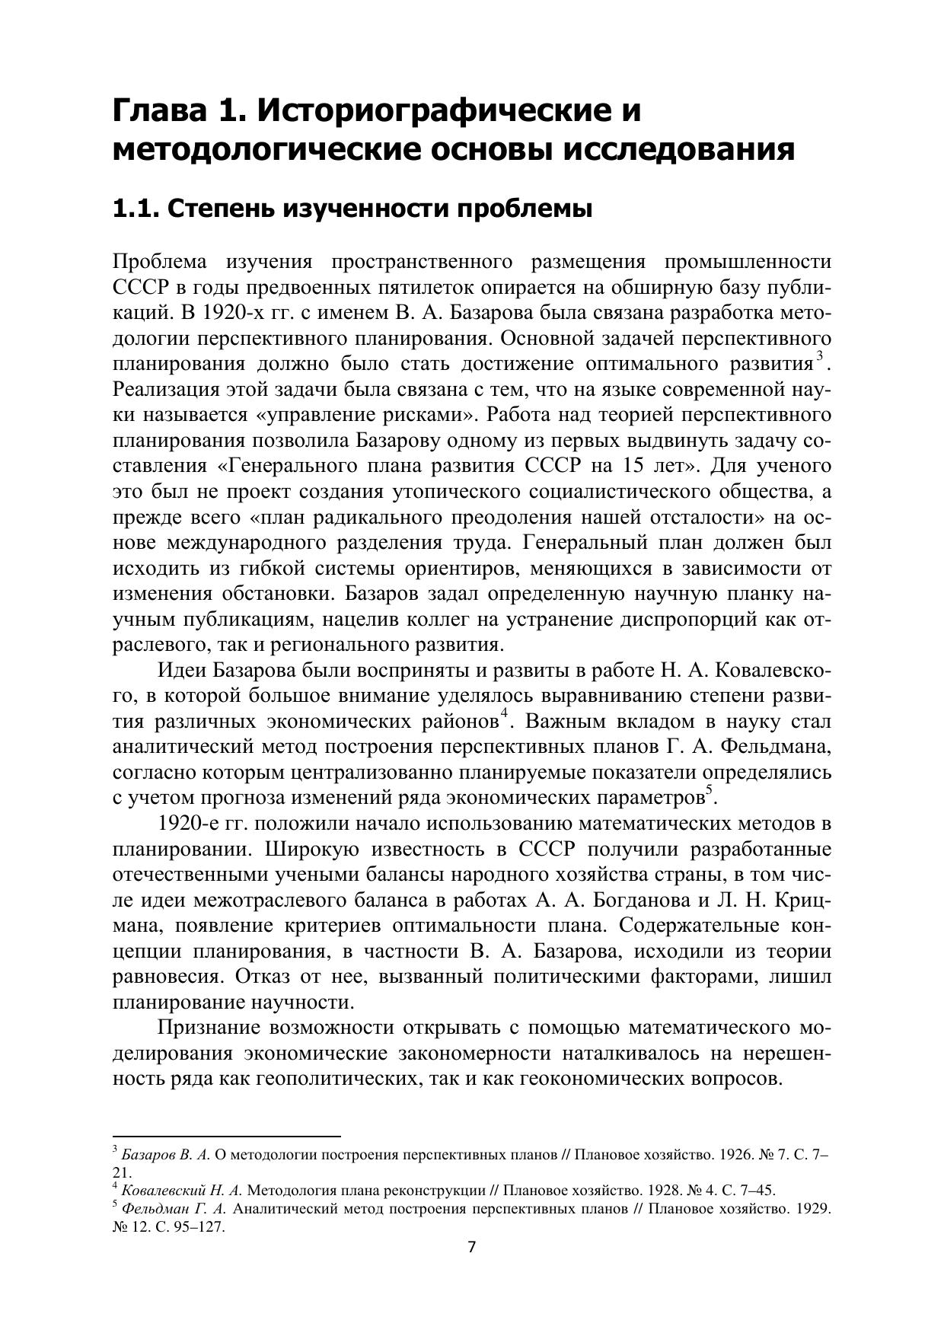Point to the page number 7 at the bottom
click(x=471, y=1268)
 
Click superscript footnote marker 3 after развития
click(x=819, y=356)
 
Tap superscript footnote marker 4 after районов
click(x=504, y=714)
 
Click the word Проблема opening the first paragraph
click(x=159, y=263)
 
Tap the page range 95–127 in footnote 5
click(x=197, y=1227)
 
